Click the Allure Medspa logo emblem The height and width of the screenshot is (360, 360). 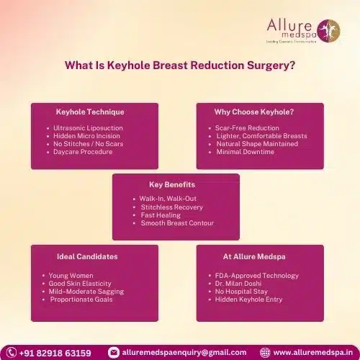[x=333, y=30]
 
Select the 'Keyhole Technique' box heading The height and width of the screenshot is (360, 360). [x=90, y=112]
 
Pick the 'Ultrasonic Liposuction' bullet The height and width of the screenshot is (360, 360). [x=88, y=128]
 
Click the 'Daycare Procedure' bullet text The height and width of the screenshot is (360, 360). [x=82, y=152]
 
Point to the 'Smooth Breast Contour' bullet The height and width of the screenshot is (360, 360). [x=176, y=223]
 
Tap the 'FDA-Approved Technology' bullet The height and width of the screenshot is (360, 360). [x=256, y=276]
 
